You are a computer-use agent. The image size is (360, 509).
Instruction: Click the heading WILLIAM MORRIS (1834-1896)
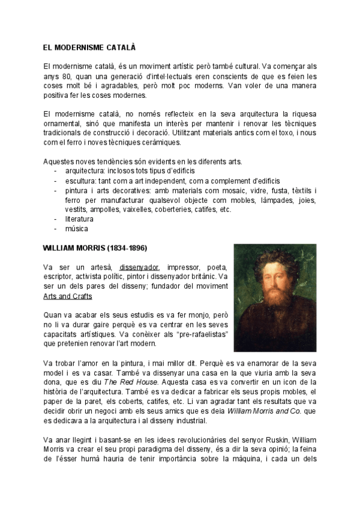click(x=95, y=248)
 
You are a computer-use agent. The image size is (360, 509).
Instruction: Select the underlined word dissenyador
click(x=139, y=267)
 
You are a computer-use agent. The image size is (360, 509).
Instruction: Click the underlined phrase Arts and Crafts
click(x=68, y=296)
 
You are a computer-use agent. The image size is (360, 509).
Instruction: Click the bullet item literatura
click(x=80, y=219)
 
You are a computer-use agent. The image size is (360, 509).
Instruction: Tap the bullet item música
click(x=76, y=229)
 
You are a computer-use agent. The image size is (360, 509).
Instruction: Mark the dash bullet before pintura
click(x=55, y=190)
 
